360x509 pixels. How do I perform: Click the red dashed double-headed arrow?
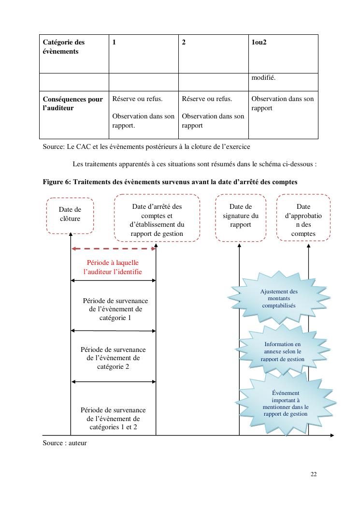coord(114,248)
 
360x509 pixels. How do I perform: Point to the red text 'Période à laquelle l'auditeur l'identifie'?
coord(113,267)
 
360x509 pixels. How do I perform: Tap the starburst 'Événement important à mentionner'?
coord(286,403)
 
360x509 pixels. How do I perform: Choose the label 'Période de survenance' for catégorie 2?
coord(113,358)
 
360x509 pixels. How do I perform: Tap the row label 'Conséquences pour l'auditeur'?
coord(73,103)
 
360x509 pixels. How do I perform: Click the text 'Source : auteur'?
coord(65,442)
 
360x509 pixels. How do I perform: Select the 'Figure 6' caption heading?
coord(170,182)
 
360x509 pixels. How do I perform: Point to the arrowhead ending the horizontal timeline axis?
coord(331,436)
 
